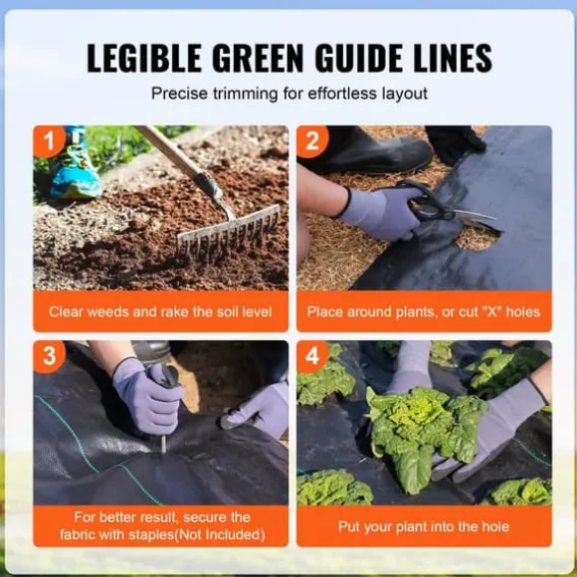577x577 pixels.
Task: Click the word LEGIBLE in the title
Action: pos(144,58)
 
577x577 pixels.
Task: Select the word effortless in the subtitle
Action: pos(342,94)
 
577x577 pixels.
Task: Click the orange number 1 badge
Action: pos(49,141)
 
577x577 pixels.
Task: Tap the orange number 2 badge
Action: pos(312,141)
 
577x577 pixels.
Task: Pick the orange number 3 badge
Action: pos(49,356)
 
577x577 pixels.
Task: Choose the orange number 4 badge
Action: pos(312,356)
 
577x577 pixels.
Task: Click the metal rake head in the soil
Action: pos(229,234)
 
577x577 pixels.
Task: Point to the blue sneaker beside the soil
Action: pos(75,166)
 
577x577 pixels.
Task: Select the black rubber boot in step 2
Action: pos(368,148)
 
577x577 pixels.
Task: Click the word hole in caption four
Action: pos(495,526)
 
